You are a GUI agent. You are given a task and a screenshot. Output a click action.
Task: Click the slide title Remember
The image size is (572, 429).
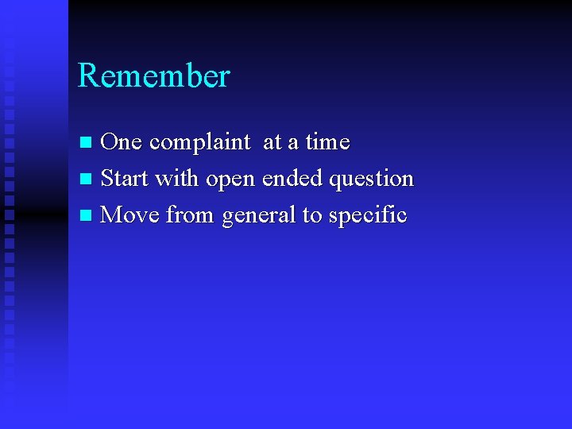pos(154,76)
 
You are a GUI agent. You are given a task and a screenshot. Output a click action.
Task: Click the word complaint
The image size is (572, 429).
pos(199,142)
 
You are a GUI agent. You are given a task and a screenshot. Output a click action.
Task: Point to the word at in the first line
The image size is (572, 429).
pos(272,143)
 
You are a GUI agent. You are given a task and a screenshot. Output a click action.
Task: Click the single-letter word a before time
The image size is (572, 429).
pos(293,144)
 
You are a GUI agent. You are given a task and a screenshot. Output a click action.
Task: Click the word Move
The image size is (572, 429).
pos(130,215)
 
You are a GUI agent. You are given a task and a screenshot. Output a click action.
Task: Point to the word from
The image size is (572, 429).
pos(191,215)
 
